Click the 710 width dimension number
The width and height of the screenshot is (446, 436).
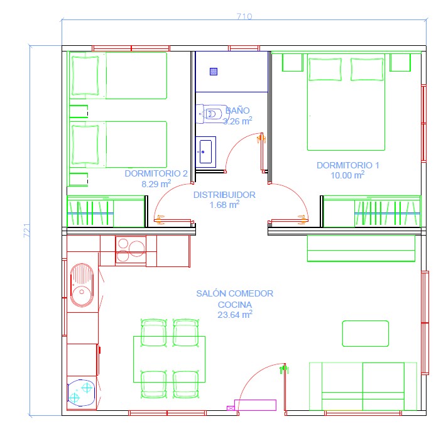tap(244, 16)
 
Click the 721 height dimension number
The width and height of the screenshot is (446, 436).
tap(26, 231)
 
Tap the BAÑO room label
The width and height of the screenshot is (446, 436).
tap(237, 111)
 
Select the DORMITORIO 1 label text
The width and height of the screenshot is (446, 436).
tap(348, 165)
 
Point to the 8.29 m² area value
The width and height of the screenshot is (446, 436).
tap(156, 183)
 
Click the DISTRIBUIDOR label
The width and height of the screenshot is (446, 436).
tap(224, 195)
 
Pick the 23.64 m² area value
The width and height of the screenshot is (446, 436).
tap(235, 315)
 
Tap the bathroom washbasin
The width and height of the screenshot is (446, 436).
tap(205, 152)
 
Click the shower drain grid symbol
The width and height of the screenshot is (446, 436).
tap(214, 71)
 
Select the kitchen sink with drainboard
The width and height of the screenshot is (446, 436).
tap(82, 285)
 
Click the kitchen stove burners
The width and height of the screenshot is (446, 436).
tap(131, 249)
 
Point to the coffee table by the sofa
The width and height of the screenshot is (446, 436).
tap(366, 334)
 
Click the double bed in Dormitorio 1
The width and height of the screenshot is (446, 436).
tap(346, 102)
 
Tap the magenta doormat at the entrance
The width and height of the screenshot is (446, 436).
tap(255, 405)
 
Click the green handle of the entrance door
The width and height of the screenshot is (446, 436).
tap(284, 369)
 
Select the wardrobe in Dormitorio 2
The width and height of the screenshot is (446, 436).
tap(106, 211)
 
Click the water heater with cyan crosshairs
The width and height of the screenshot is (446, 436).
tap(82, 393)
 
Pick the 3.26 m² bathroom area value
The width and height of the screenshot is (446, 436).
tap(237, 121)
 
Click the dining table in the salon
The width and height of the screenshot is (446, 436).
tap(169, 359)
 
